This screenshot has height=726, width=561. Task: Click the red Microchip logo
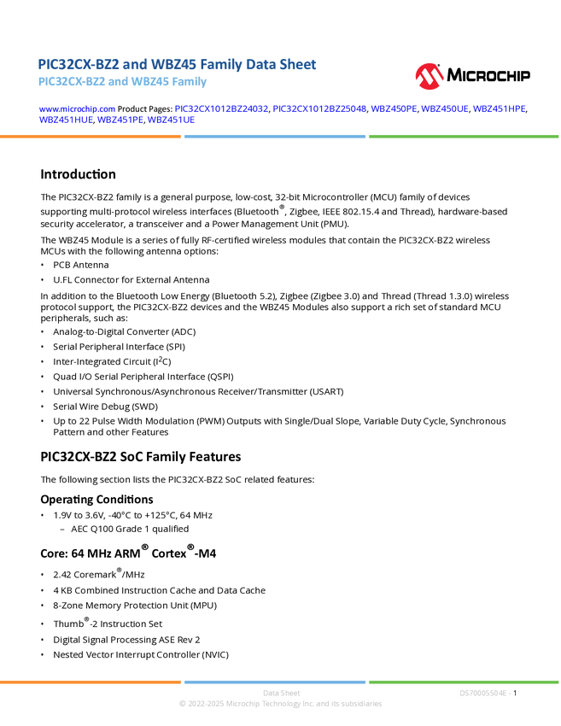click(x=430, y=77)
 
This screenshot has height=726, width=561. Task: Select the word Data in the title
click(x=260, y=64)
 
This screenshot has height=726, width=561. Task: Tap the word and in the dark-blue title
click(x=131, y=64)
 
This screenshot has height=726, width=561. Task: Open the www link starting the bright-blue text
click(x=76, y=109)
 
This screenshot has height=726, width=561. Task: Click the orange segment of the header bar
click(x=91, y=136)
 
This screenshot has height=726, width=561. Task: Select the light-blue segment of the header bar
click(x=274, y=136)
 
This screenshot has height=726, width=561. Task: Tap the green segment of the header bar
click(x=464, y=136)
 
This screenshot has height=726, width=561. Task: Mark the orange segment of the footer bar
click(x=91, y=682)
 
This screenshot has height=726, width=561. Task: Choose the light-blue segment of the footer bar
click(x=274, y=682)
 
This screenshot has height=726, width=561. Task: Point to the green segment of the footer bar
click(x=464, y=682)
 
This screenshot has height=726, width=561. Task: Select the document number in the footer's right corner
click(x=484, y=693)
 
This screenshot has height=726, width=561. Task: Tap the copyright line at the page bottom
click(x=280, y=705)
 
